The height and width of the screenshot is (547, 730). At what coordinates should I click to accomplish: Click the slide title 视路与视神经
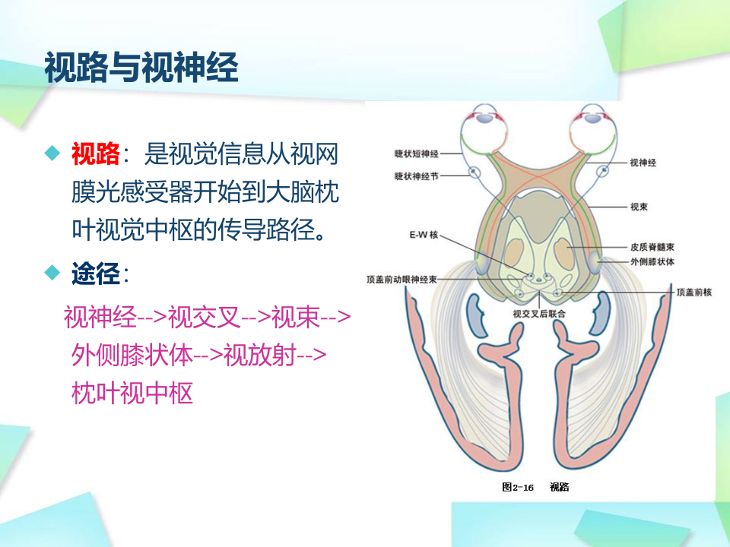click(x=141, y=68)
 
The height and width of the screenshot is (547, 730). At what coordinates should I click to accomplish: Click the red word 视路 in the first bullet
click(x=95, y=154)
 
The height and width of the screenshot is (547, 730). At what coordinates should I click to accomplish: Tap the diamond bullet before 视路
click(x=52, y=154)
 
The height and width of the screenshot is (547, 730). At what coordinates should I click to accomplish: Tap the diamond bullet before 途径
click(x=52, y=272)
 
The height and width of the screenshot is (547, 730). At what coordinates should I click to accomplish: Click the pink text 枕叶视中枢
click(x=132, y=393)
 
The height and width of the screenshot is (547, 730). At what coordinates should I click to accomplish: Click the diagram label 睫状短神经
click(x=417, y=153)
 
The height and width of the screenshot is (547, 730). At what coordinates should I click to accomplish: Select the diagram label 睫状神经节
click(x=417, y=175)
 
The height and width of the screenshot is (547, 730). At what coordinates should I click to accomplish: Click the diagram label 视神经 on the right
click(x=643, y=163)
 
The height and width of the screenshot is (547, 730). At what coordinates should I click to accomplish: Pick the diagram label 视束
click(x=639, y=206)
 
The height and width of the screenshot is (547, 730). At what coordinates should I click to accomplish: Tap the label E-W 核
click(x=424, y=235)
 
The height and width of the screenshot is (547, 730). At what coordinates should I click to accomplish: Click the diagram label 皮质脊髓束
click(x=652, y=247)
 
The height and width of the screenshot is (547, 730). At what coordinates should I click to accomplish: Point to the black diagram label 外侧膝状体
click(x=652, y=261)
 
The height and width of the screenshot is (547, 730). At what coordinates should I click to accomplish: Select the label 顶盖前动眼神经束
click(x=401, y=280)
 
